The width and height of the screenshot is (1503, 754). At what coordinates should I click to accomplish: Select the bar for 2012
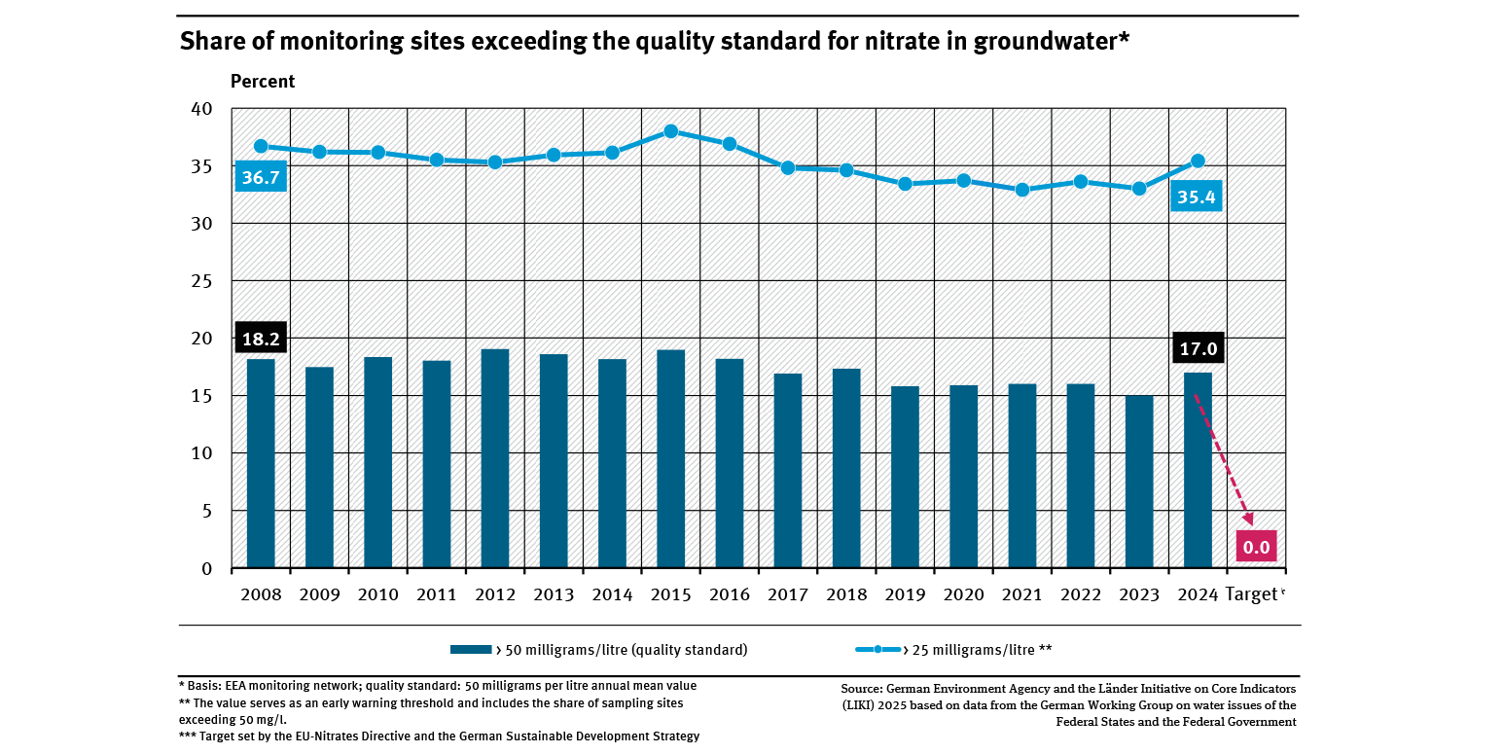click(495, 458)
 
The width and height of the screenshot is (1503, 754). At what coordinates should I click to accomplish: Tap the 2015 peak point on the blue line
click(670, 131)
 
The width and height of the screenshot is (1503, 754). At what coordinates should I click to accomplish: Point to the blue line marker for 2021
click(1021, 190)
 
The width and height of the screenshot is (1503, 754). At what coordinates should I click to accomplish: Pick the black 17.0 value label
click(1198, 348)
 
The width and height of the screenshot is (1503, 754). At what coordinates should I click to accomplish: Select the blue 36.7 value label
click(261, 178)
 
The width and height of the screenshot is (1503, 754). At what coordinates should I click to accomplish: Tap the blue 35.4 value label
click(1198, 197)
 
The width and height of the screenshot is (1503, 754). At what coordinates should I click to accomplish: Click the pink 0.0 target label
click(1256, 547)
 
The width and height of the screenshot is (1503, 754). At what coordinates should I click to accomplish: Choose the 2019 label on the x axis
click(905, 594)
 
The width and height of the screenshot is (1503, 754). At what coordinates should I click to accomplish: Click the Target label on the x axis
click(1251, 594)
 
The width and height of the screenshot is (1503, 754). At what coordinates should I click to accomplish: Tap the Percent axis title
click(263, 82)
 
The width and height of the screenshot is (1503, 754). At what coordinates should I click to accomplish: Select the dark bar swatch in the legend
click(471, 649)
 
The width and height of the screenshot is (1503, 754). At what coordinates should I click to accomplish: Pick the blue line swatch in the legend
click(877, 649)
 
